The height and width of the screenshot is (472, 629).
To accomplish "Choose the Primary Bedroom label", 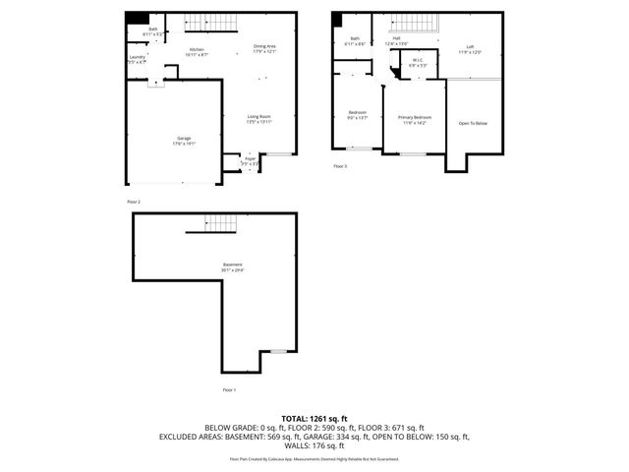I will pos(415,120).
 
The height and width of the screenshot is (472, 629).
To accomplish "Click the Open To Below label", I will pos(472,123).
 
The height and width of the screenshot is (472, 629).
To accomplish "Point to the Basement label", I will pos(232,266).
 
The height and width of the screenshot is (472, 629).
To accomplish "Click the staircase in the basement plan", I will pos(221,223).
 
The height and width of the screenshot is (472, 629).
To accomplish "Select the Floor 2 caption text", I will pos(135,202).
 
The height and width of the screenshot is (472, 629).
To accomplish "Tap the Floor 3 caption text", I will pos(340,166).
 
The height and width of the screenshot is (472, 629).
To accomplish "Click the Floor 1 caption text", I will pos(229,390).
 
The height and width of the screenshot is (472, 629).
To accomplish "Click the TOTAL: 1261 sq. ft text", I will pos(314,419).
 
